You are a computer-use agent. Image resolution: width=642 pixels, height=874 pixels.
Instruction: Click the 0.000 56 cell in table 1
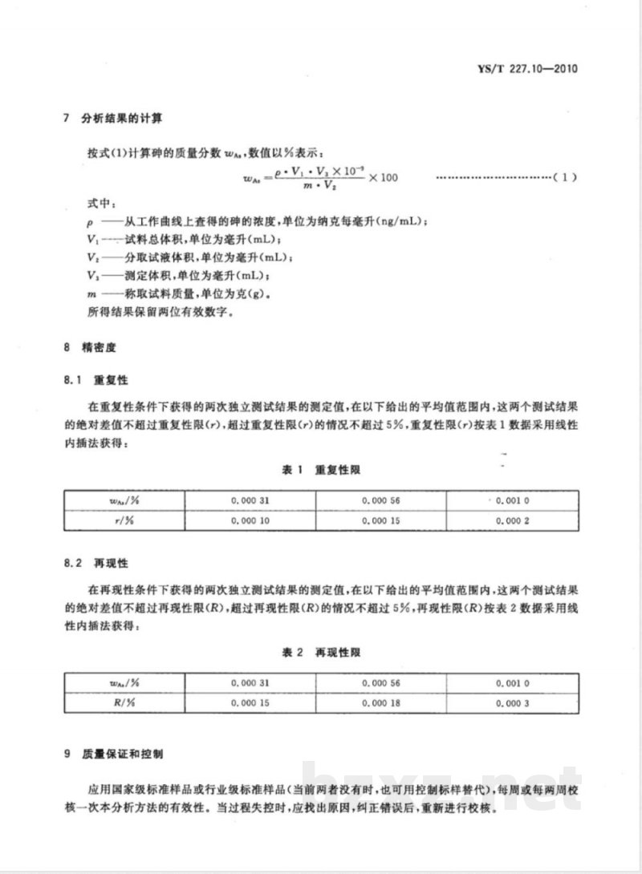coord(380,500)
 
